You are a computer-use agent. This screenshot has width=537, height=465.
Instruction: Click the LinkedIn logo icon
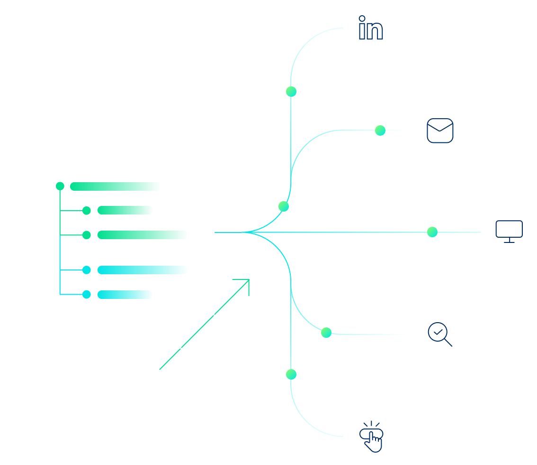click(x=371, y=28)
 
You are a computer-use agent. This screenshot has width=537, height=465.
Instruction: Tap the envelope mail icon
click(x=440, y=130)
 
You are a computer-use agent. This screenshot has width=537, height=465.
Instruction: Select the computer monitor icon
click(x=509, y=232)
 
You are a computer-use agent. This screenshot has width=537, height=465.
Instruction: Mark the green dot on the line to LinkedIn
click(x=291, y=92)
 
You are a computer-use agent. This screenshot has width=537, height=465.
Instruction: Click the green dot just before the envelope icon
click(x=380, y=130)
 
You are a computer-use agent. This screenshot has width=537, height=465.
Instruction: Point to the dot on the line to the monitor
click(x=432, y=232)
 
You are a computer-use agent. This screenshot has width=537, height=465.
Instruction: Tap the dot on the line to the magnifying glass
click(x=326, y=333)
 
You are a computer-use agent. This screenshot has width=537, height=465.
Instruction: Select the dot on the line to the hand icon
click(x=291, y=374)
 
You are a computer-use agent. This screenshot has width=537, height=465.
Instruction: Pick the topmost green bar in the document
click(x=115, y=186)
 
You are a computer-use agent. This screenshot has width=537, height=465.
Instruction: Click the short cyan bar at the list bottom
click(x=125, y=295)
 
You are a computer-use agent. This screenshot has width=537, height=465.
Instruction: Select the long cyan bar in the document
click(x=143, y=270)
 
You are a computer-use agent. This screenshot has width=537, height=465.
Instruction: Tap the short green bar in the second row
click(x=125, y=210)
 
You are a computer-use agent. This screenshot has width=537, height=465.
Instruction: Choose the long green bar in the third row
click(x=143, y=235)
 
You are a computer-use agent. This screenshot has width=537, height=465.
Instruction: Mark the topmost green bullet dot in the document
click(x=60, y=186)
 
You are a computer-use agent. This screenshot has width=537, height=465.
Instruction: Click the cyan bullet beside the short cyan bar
click(x=87, y=295)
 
